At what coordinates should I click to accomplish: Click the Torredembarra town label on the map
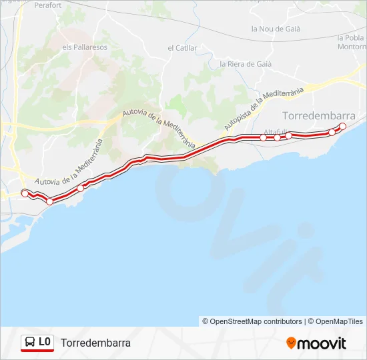coord(319,115)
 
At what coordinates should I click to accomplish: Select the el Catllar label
coord(182,48)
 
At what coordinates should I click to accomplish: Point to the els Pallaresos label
coord(85,47)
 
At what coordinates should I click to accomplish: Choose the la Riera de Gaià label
coord(246,64)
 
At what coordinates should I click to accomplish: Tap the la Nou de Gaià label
coord(276,29)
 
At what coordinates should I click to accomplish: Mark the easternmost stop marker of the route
coord(343,127)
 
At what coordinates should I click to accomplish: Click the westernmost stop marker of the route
coord(25,193)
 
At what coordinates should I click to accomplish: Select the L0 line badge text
coord(45,343)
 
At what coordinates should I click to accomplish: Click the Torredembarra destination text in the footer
coord(95,343)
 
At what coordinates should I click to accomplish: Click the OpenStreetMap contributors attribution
coord(252,321)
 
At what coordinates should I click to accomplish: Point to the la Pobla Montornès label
coord(352,42)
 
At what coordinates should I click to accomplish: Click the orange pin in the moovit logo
coord(291,343)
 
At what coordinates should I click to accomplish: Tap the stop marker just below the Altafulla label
coord(277,137)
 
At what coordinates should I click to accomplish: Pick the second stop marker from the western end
coord(49,201)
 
